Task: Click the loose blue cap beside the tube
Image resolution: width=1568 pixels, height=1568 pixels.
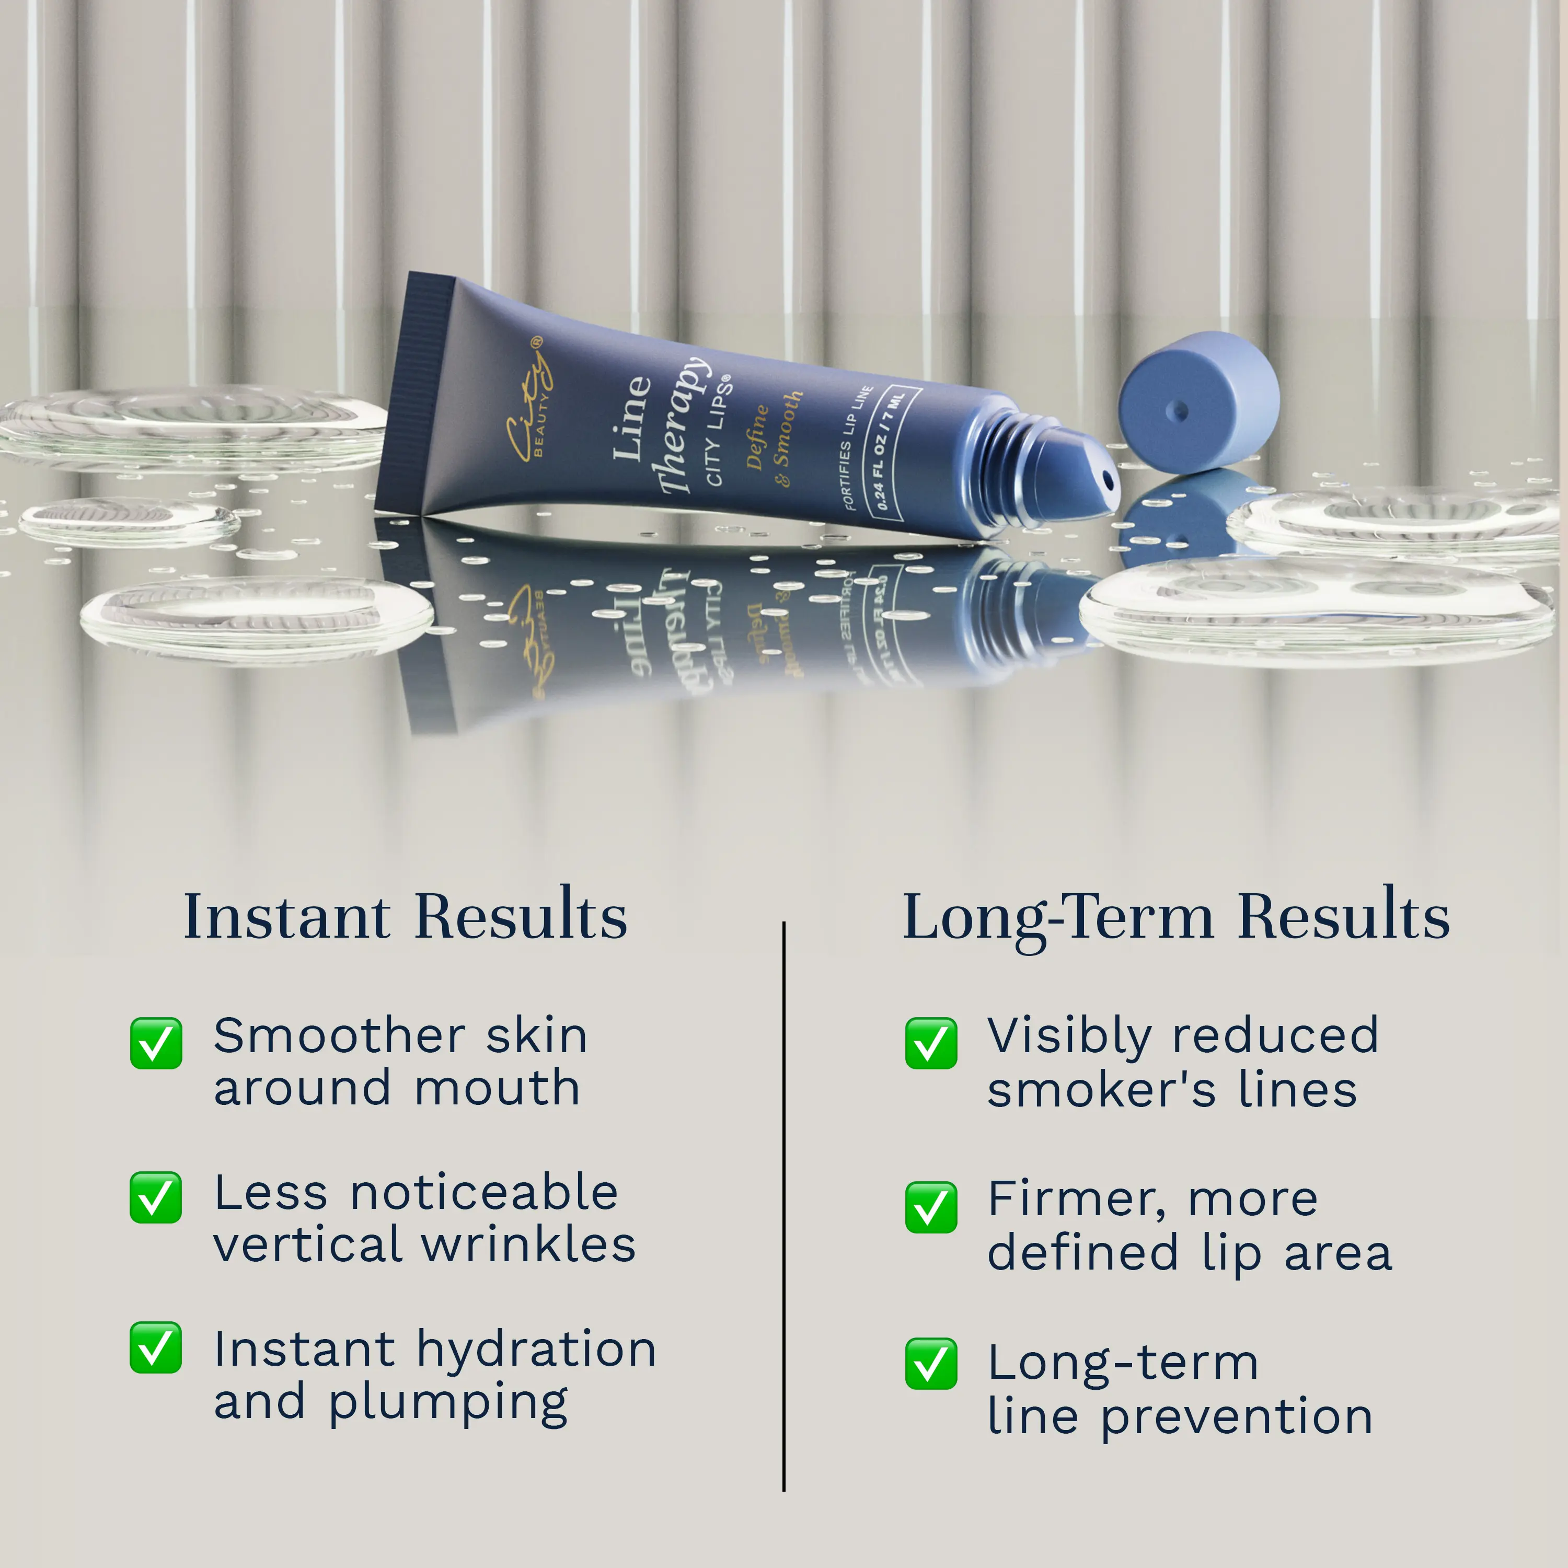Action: (x=1198, y=402)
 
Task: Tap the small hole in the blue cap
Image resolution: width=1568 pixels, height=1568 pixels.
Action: (x=1182, y=411)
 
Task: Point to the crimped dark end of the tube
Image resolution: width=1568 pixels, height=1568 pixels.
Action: (x=414, y=393)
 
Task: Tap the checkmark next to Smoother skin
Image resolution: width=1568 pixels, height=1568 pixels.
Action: (x=156, y=1044)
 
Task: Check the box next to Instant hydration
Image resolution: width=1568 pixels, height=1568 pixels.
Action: (x=156, y=1347)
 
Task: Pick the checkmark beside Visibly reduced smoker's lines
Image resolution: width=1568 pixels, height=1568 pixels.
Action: (x=931, y=1044)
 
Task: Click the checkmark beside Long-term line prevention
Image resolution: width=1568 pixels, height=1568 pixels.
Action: (x=931, y=1364)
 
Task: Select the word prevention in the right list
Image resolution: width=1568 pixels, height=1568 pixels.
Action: (x=1237, y=1419)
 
